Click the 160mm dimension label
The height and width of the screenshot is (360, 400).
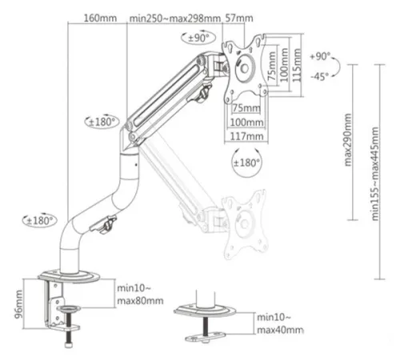tap(100, 18)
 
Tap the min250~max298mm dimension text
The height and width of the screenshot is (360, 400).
tap(175, 18)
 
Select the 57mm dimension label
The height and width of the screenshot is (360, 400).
tap(239, 18)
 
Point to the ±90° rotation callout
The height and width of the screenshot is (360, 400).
tap(198, 38)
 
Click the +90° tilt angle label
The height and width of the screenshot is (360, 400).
tap(320, 56)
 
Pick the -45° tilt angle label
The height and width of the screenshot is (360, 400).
tap(319, 77)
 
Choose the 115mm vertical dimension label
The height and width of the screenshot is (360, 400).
tap(297, 65)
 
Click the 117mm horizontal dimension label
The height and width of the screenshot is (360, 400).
tap(246, 136)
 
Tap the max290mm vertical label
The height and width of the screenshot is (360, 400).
tap(348, 140)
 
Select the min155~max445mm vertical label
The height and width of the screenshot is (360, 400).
tap(375, 174)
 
